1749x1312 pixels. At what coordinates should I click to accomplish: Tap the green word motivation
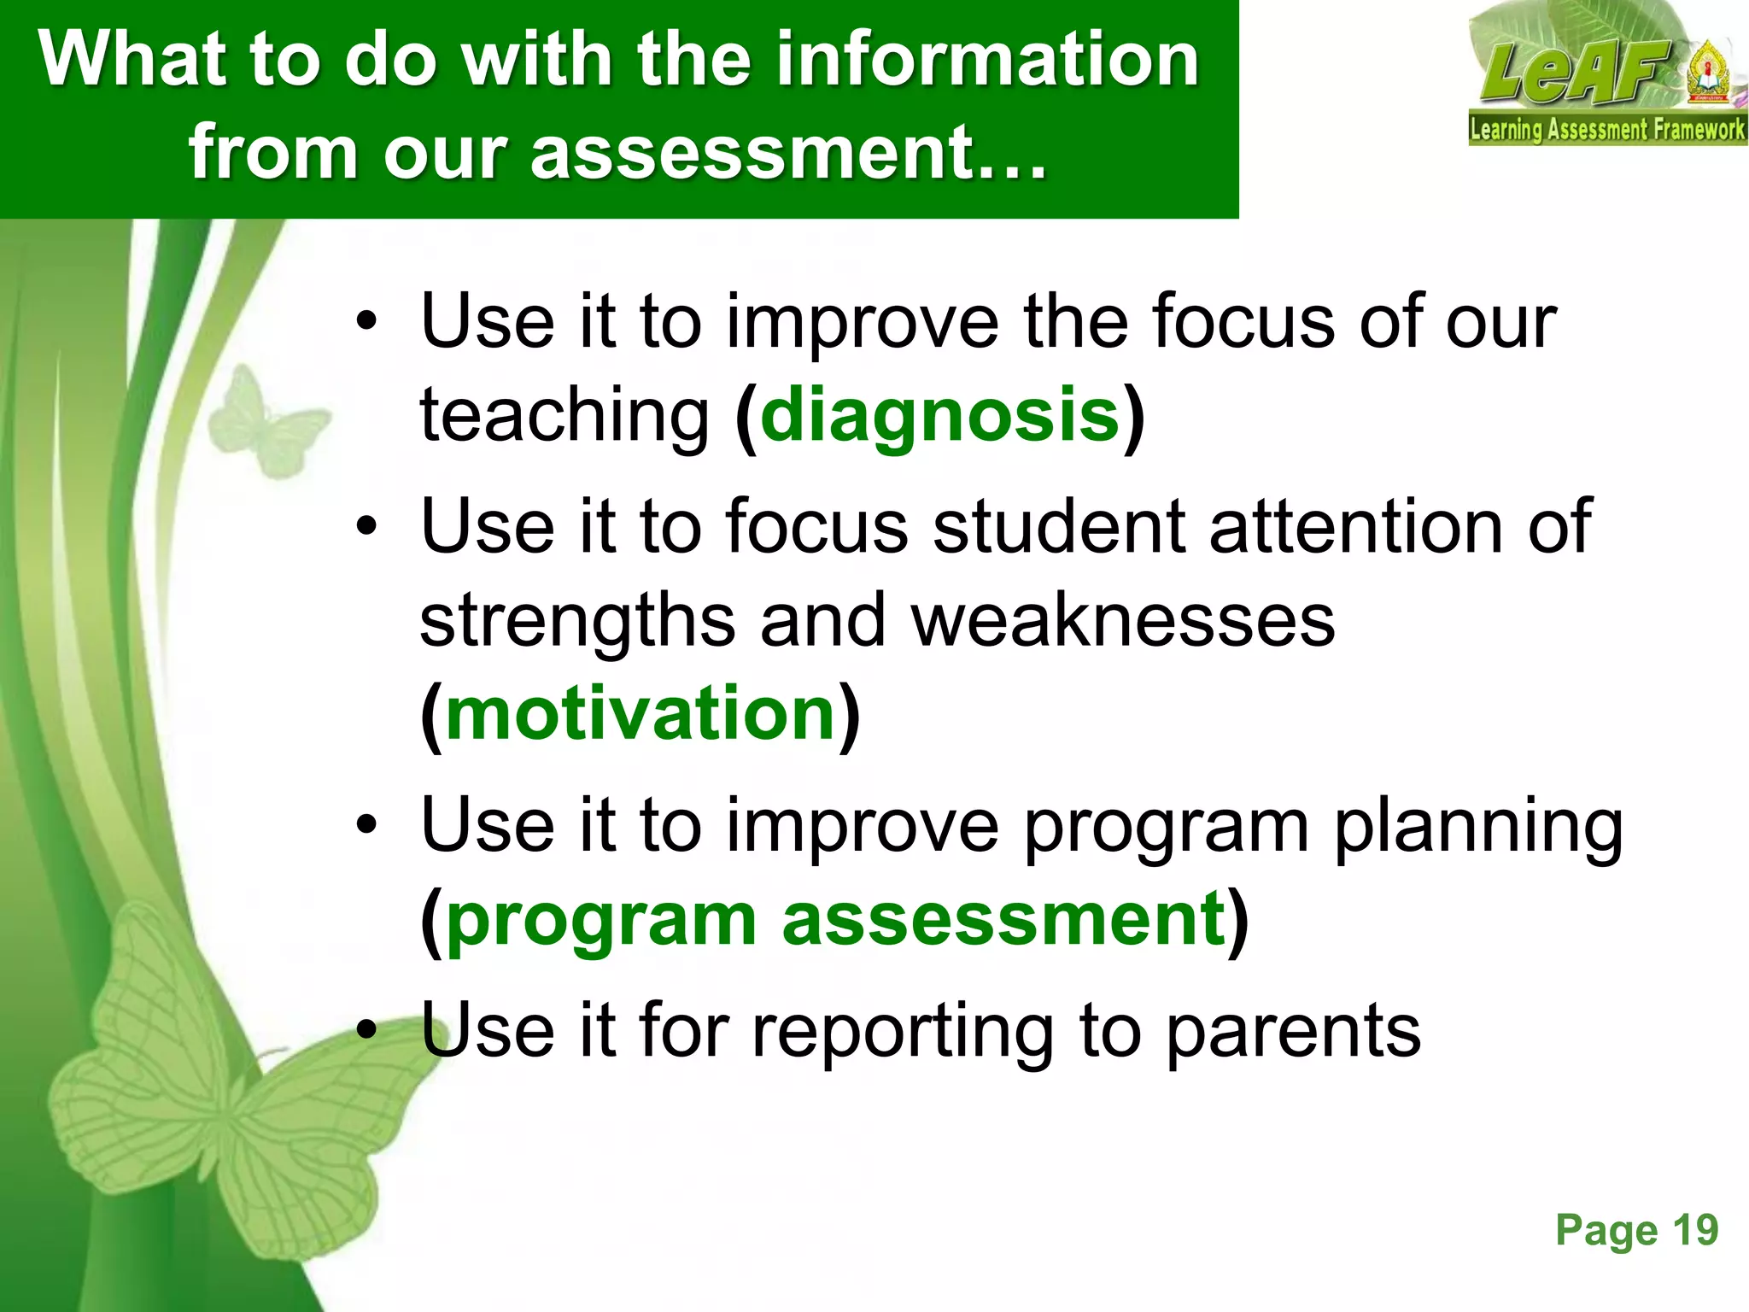(641, 714)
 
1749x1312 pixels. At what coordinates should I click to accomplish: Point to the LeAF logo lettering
(1576, 73)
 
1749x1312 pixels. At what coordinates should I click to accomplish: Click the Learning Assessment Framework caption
(1607, 130)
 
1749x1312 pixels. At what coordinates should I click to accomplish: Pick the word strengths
(577, 621)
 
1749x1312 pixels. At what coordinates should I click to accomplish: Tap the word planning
(1477, 827)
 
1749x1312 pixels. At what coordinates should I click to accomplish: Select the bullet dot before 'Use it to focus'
(366, 527)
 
